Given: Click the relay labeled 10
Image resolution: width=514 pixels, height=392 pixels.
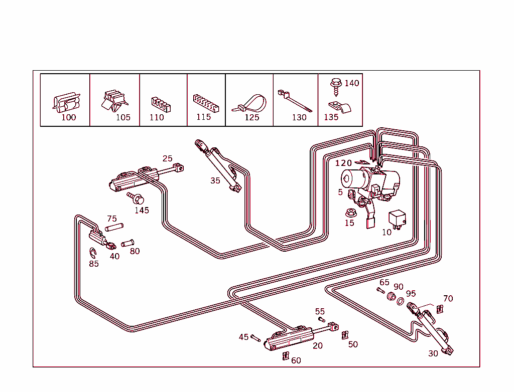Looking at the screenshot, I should point(397,219).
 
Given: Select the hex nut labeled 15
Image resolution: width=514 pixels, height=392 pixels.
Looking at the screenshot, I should point(351,212).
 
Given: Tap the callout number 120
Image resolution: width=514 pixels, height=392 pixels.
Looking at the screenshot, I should point(344,163).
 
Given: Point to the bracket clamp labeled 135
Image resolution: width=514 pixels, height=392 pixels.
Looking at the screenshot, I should point(338,107).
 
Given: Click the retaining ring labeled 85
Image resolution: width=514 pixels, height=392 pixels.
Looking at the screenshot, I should point(92,253).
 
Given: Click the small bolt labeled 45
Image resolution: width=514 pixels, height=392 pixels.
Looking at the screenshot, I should point(255,338).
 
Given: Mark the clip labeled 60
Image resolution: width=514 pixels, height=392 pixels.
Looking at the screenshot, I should point(285,356).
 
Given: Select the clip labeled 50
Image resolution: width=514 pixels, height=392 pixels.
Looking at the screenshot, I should point(345,335).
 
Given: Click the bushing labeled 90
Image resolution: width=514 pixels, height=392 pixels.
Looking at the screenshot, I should point(391,296).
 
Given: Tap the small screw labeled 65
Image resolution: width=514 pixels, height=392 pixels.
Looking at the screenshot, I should point(380,290).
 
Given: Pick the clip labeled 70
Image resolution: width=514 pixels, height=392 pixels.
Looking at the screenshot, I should point(440,309).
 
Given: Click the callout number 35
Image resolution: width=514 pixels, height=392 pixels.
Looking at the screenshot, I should point(215,180).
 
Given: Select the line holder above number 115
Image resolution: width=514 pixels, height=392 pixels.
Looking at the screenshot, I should point(205,102).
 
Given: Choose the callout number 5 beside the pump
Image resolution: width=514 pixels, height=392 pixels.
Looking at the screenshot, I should point(340,192).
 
